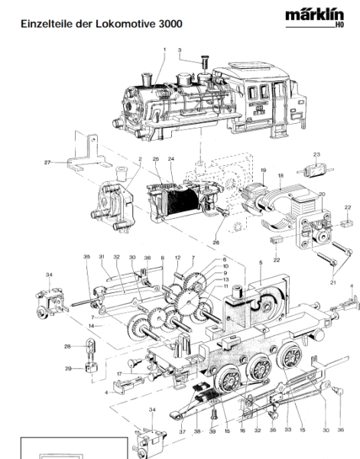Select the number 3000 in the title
170,24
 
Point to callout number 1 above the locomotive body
164,49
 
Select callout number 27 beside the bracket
47,162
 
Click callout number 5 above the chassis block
260,262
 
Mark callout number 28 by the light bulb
67,347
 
